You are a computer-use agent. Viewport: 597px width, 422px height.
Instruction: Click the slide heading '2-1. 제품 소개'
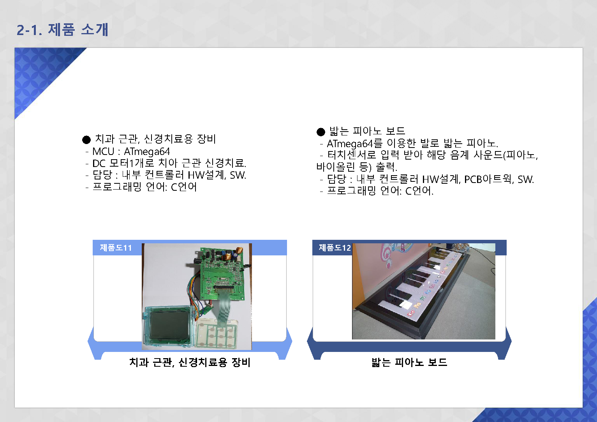[62, 30]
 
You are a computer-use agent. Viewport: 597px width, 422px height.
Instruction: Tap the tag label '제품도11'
[116, 248]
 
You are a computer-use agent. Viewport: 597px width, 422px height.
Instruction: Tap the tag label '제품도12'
[335, 248]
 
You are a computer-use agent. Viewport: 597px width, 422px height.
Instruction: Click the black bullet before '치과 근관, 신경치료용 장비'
[86, 140]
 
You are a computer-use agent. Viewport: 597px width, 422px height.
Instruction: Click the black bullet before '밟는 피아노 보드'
[321, 132]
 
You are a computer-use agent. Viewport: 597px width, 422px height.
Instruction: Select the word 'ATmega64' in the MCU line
[147, 151]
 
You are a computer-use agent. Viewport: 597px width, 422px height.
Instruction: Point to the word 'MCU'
[103, 151]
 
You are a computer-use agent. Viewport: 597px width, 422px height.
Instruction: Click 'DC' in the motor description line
[99, 163]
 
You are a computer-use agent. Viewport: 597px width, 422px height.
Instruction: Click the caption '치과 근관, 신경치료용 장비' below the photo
[190, 362]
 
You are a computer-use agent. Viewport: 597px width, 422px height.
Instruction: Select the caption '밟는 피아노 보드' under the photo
[409, 362]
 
